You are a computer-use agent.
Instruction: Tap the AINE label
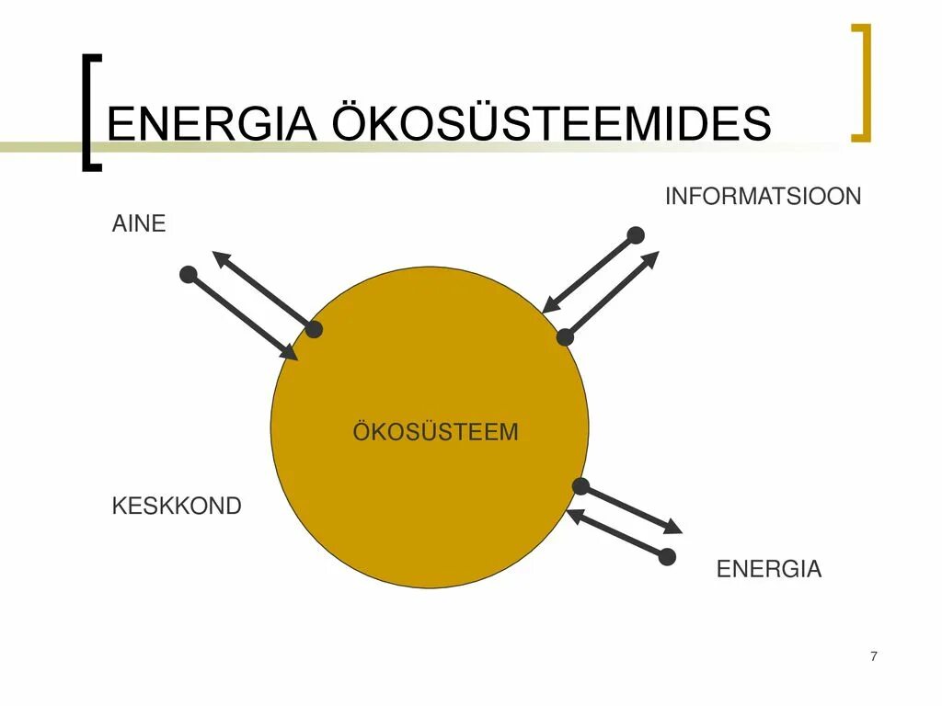point(139,223)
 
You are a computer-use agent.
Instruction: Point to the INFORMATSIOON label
point(763,196)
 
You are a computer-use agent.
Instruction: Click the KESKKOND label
point(177,506)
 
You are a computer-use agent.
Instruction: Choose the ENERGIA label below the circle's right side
point(768,569)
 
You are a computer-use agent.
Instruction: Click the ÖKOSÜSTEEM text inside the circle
point(435,431)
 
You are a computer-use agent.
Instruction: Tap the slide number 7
point(873,655)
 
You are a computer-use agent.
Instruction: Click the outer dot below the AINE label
point(189,274)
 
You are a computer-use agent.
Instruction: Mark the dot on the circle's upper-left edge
point(314,329)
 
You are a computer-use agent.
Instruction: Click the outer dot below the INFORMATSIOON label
point(636,234)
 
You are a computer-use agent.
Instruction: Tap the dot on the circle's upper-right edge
point(565,337)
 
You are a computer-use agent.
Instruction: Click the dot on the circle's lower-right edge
point(580,486)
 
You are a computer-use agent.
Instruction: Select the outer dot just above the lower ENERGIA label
point(668,556)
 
